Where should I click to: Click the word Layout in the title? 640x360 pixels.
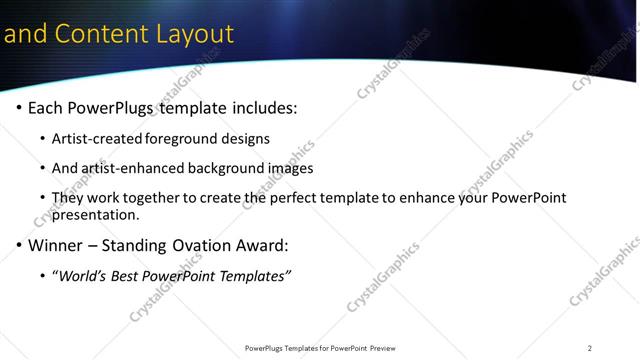[x=194, y=34]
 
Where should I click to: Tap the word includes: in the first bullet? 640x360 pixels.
[x=262, y=108]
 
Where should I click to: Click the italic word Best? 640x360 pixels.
[x=128, y=275]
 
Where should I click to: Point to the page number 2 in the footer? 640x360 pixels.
[x=590, y=348]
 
